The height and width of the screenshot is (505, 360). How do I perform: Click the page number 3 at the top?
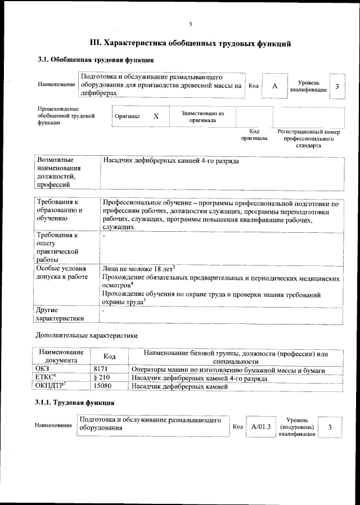click(191, 24)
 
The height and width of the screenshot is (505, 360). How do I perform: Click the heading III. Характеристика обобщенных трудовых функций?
click(191, 43)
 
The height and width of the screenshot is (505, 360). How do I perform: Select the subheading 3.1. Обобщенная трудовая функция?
click(96, 60)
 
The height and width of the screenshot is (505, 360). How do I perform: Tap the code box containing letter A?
click(274, 86)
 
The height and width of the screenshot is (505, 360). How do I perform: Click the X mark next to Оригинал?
click(156, 116)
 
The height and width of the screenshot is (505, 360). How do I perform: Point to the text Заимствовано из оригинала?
click(202, 116)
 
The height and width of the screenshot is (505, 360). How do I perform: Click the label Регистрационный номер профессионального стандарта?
click(309, 138)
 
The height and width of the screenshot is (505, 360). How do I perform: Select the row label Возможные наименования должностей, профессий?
click(58, 172)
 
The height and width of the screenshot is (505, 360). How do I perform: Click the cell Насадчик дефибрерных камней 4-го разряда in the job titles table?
click(171, 161)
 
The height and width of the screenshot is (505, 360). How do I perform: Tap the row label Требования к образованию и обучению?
click(58, 209)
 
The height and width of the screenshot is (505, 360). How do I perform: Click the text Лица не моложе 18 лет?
click(138, 268)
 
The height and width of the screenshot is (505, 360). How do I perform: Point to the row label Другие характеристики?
click(59, 314)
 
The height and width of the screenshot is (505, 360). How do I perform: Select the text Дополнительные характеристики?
click(86, 335)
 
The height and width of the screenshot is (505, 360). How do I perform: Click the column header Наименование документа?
click(61, 357)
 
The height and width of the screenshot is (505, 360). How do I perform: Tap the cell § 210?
click(102, 378)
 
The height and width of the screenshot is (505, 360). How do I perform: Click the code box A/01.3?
click(261, 427)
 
